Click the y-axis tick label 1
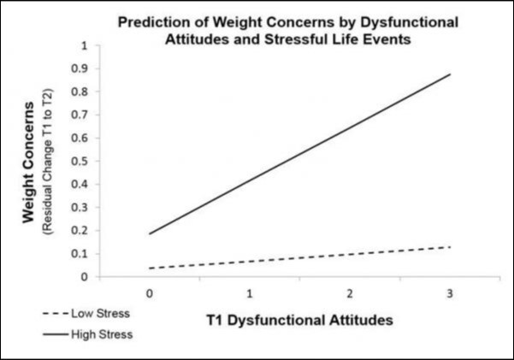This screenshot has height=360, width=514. click(83, 44)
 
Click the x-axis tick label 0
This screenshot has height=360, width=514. click(149, 292)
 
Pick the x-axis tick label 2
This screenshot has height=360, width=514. click(351, 292)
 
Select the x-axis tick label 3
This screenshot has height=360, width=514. click(451, 292)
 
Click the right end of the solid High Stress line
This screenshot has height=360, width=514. click(451, 74)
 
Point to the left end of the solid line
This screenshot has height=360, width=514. click(149, 233)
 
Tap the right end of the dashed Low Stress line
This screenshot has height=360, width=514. click(451, 247)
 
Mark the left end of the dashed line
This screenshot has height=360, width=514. click(149, 268)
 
